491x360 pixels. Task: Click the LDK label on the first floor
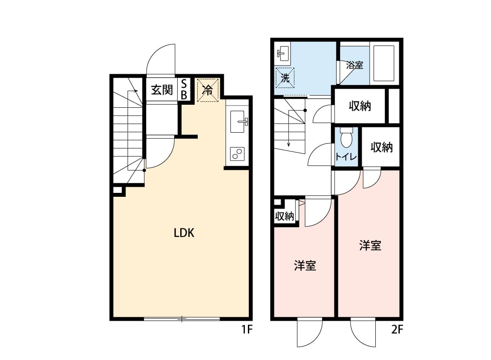(x=184, y=233)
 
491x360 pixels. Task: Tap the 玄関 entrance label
(x=162, y=90)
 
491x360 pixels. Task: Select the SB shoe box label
(x=184, y=89)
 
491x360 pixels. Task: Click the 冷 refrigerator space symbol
(x=207, y=90)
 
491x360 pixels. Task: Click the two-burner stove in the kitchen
(x=237, y=154)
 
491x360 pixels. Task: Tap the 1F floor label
(x=247, y=329)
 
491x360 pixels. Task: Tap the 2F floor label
(x=397, y=329)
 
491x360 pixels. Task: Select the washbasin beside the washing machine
(x=283, y=54)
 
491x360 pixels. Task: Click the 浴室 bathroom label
(x=354, y=65)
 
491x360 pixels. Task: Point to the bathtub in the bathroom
(x=384, y=64)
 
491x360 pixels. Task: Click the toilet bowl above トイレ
(x=347, y=138)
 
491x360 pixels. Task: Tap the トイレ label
(x=346, y=156)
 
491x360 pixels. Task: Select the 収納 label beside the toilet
(x=381, y=147)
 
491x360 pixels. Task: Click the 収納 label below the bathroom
(x=360, y=106)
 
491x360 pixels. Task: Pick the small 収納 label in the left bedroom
(x=284, y=216)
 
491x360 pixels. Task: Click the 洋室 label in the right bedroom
(x=370, y=245)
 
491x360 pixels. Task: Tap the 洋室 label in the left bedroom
(x=305, y=265)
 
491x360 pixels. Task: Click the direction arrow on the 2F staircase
(x=289, y=129)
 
